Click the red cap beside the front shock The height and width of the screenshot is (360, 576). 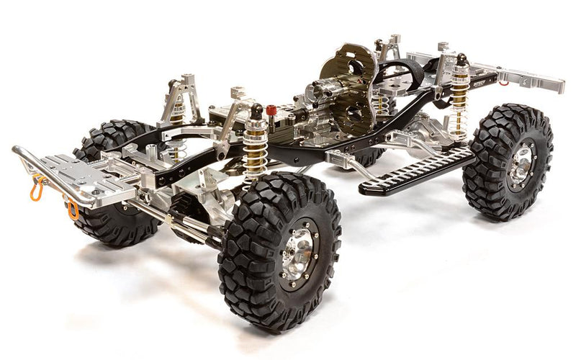[x=271, y=111]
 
